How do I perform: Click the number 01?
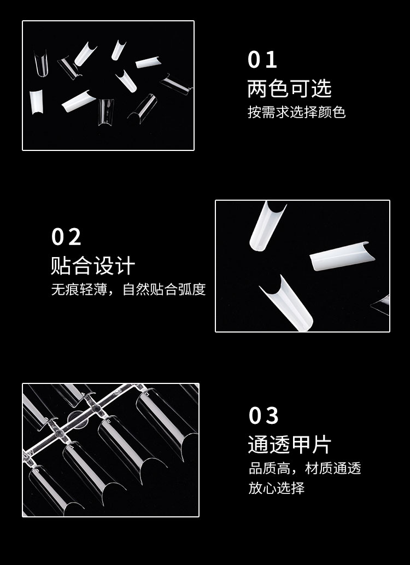point(262,60)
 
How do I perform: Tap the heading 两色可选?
point(289,88)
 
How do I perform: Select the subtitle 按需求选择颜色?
point(296,112)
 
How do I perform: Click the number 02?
point(66,237)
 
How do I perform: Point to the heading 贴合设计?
point(93,266)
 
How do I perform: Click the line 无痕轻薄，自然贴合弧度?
point(128,289)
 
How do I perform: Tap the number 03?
point(263,416)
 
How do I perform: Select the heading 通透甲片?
point(290,444)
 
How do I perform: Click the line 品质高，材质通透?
point(305,468)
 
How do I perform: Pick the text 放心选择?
point(276,488)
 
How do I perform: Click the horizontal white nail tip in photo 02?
point(342,256)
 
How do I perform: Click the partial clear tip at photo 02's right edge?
point(383,305)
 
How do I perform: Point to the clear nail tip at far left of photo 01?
point(41,64)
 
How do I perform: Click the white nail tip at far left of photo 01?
point(36,102)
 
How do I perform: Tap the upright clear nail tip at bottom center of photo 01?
point(106,112)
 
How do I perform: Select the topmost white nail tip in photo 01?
point(118,50)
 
